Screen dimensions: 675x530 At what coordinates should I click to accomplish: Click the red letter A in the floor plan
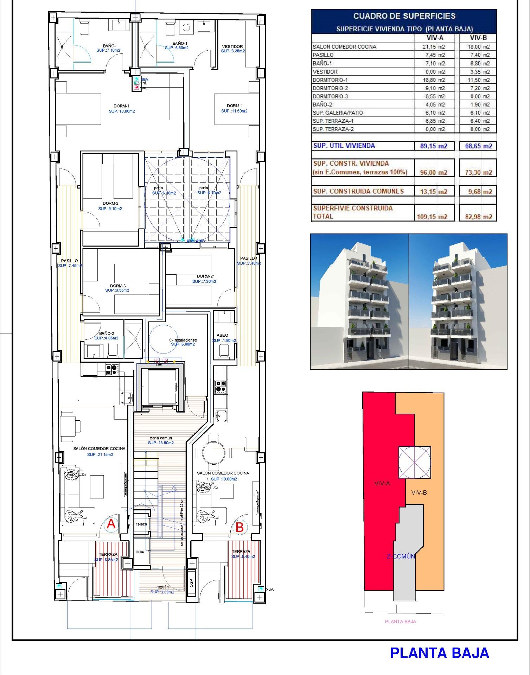pos(111,524)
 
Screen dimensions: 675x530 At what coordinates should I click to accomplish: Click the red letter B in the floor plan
pos(240,527)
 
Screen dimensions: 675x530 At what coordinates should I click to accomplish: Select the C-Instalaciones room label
pos(183,340)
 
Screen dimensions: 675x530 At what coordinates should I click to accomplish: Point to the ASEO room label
pos(222,335)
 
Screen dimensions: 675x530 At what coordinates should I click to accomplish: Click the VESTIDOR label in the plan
pos(232,46)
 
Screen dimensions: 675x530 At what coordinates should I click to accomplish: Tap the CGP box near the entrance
pos(191,583)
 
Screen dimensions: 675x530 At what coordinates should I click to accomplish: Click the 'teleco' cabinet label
pos(142,524)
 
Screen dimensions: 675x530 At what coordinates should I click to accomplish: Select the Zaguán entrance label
pos(162,587)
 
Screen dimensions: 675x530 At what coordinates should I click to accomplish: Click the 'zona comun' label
pos(160,438)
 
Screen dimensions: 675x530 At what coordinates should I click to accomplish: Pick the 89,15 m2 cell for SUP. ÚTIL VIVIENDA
pos(434,146)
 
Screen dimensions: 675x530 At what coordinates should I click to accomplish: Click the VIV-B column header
pos(478,38)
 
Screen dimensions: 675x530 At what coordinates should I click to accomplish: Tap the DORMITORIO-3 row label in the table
pos(330,96)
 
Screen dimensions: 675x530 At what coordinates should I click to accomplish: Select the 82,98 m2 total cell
pos(478,217)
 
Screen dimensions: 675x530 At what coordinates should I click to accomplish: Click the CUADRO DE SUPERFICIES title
pos(404,16)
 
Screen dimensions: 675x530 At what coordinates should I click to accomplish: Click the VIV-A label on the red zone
pos(382,483)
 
